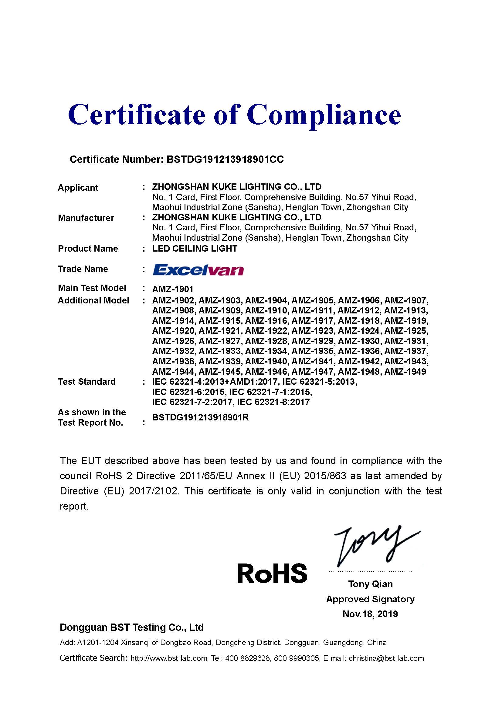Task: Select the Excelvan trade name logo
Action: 198,270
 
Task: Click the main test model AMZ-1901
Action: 173,289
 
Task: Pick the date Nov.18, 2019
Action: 370,614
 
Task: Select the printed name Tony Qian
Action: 370,584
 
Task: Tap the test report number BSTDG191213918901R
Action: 201,417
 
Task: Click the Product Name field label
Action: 88,249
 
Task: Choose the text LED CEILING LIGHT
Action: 195,249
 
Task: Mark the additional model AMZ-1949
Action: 405,372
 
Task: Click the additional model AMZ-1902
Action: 173,300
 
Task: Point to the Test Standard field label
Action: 87,382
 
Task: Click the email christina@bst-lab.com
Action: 386,658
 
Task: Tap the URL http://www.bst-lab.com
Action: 169,658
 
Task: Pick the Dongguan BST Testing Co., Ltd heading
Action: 132,627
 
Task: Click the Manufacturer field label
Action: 86,218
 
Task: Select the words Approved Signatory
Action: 370,599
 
